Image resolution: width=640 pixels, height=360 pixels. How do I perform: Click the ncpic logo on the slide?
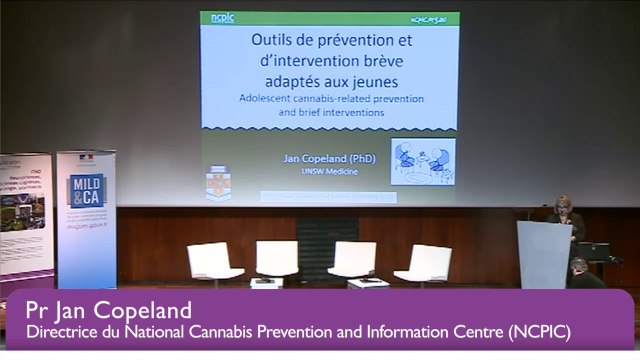222,18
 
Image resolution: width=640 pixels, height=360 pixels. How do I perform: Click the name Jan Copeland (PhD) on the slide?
321,158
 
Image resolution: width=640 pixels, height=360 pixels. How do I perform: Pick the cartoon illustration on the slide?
422,161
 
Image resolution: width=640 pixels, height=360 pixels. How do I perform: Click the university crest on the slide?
218,181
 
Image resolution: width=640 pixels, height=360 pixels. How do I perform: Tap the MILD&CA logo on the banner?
86,190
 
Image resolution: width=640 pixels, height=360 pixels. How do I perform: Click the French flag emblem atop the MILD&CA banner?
86,159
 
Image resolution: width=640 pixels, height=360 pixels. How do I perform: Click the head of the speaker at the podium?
564,204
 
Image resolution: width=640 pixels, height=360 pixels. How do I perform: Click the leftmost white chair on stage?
214,261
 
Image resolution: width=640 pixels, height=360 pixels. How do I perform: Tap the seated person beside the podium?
581,272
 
